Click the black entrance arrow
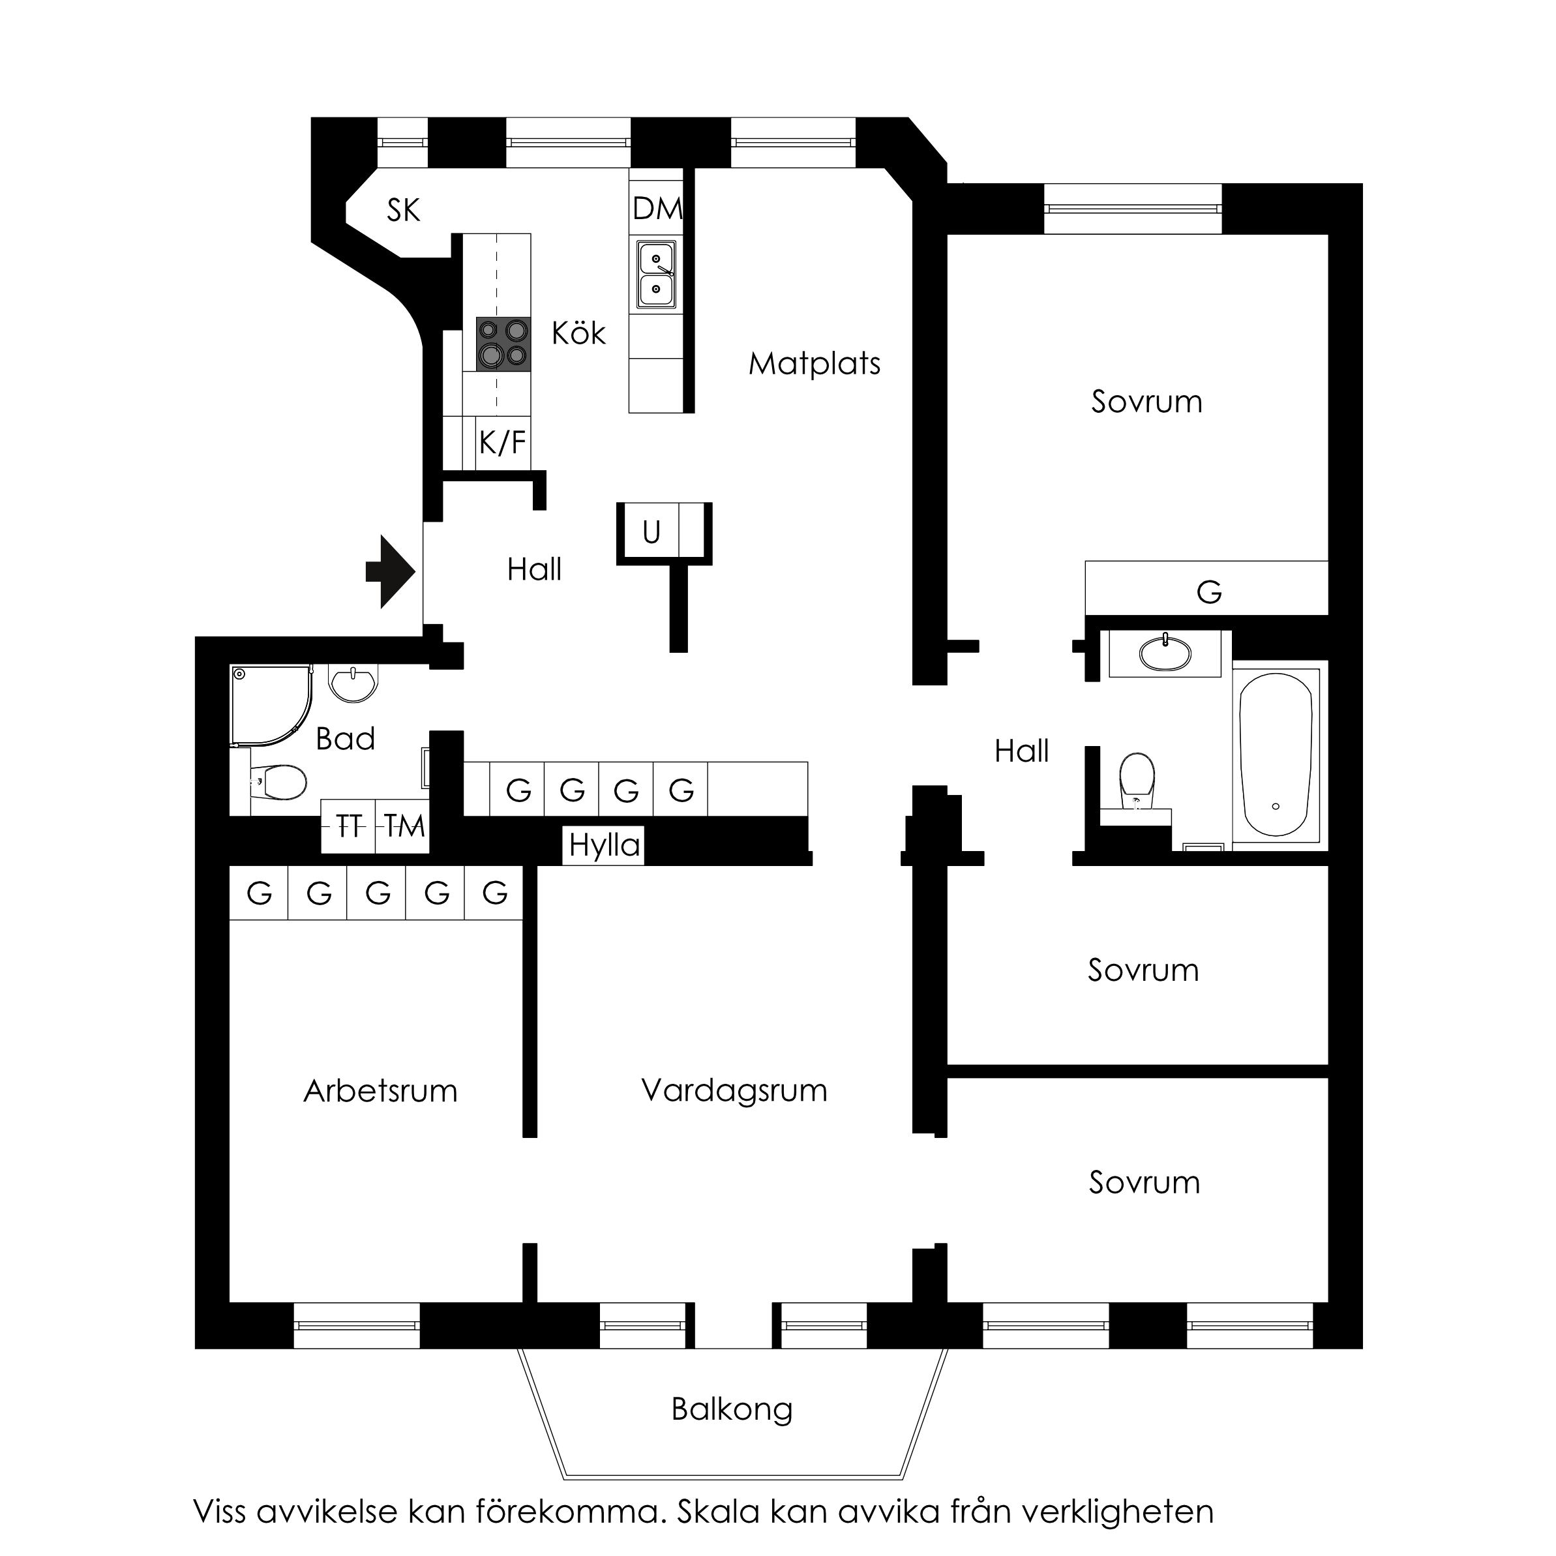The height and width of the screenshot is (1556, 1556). [391, 573]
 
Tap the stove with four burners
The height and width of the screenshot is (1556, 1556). [503, 344]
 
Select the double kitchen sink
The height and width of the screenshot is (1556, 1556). [657, 274]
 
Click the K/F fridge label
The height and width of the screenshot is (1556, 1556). [503, 442]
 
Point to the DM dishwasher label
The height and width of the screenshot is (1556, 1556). [657, 209]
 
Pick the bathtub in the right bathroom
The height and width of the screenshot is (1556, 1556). [1276, 754]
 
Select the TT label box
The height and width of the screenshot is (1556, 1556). [349, 826]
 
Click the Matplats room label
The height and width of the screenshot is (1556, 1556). [815, 363]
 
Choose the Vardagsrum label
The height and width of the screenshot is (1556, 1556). [734, 1090]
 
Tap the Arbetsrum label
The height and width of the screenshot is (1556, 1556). [380, 1090]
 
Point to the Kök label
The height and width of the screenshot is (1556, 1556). [578, 333]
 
